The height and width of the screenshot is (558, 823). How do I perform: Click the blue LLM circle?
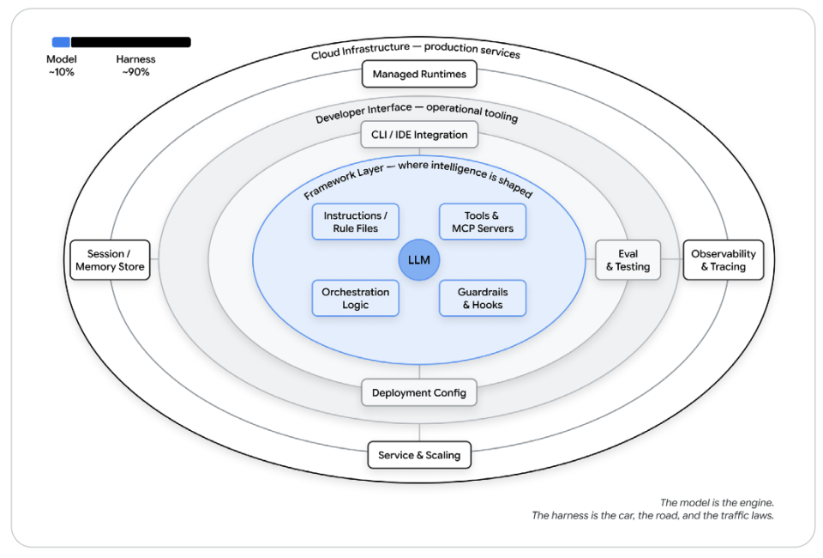[x=419, y=259]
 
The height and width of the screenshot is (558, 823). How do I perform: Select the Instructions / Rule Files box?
[x=355, y=221]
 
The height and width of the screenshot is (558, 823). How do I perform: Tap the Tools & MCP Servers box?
[x=483, y=221]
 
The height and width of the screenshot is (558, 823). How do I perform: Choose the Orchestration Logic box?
[x=355, y=298]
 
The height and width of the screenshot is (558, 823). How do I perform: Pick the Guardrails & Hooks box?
[x=483, y=298]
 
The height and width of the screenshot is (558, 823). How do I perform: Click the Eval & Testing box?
[x=628, y=259]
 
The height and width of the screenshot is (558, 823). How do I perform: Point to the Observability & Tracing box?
[x=724, y=259]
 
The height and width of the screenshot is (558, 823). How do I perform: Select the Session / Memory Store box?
[x=110, y=259]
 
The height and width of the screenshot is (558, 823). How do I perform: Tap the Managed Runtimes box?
[x=419, y=74]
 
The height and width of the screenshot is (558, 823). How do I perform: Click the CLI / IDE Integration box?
[x=419, y=135]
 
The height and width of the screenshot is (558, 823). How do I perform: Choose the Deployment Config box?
[x=419, y=392]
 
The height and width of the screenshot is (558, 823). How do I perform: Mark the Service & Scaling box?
[x=419, y=455]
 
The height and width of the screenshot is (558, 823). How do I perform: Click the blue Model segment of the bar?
[x=61, y=42]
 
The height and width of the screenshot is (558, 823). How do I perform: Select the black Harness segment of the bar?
[x=130, y=42]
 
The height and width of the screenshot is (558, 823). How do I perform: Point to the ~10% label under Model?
[x=62, y=72]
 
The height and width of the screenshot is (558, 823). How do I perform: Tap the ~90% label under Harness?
[x=136, y=72]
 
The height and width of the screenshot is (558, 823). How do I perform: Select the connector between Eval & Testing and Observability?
[x=672, y=259]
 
